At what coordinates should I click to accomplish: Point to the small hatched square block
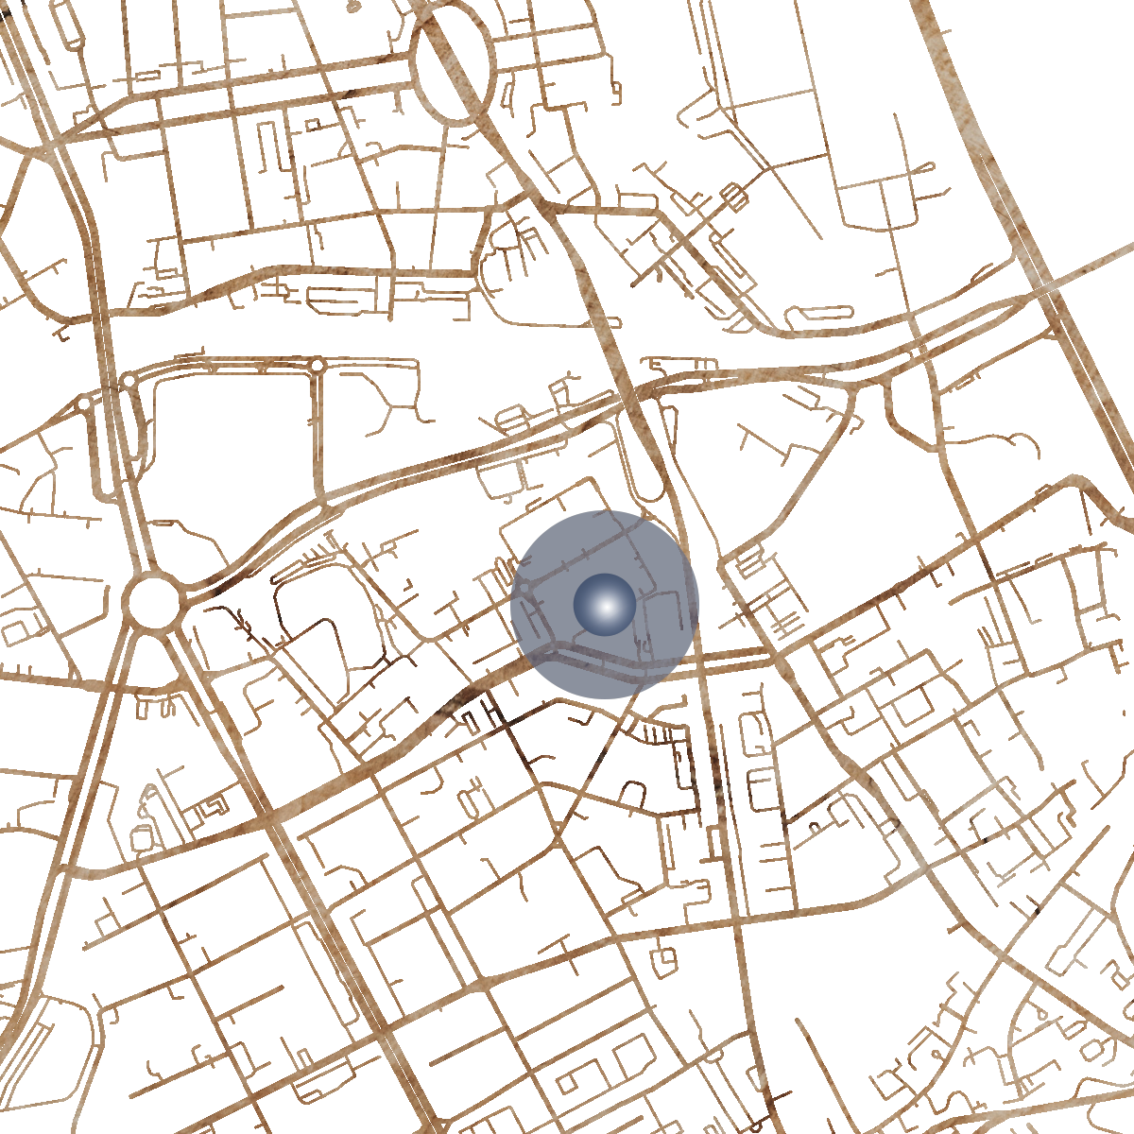(x=731, y=197)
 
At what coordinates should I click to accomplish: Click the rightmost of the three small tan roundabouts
(x=318, y=365)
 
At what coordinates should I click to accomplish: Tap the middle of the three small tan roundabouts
(x=129, y=381)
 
